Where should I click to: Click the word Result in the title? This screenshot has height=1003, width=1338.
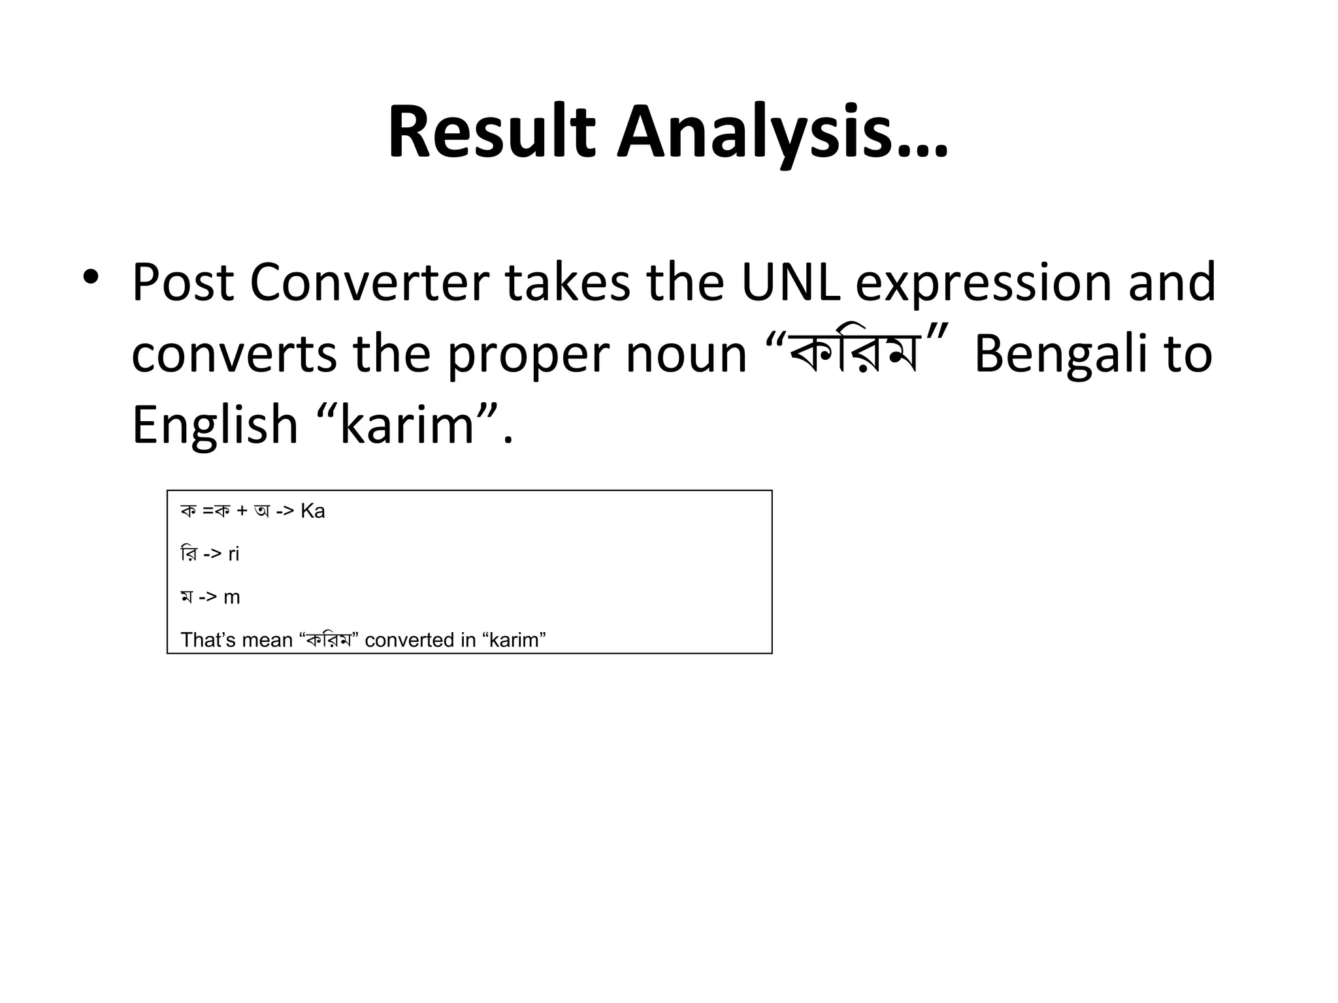pos(491,133)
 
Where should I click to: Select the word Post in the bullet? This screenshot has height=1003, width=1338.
pos(182,283)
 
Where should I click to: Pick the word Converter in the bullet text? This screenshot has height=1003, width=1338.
pos(369,283)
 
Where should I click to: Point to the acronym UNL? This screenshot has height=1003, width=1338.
pos(790,283)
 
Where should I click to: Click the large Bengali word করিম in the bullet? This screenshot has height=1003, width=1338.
pos(855,355)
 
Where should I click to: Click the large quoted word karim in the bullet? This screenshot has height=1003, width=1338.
pos(406,425)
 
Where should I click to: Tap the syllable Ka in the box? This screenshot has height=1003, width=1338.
pos(313,511)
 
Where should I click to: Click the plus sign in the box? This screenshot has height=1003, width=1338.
pos(242,511)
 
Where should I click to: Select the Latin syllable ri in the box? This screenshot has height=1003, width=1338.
pos(234,554)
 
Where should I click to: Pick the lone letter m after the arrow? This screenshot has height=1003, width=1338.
pos(232,597)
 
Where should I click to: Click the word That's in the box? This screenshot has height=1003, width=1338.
pos(208,640)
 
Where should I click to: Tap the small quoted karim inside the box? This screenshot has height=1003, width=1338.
pos(514,640)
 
